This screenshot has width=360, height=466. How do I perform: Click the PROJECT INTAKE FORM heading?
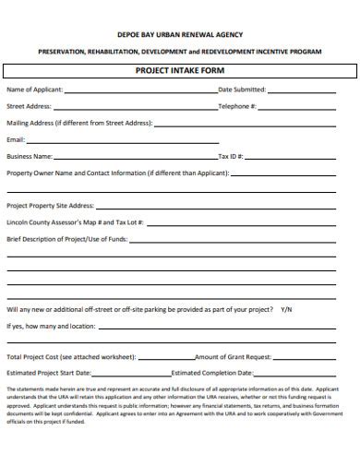point(180,70)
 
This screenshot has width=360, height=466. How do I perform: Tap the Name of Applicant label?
point(35,90)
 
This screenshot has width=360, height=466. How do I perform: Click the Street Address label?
point(29,106)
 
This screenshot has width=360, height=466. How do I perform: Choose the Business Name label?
point(30,156)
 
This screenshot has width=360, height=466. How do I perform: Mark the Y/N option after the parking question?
point(286,308)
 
